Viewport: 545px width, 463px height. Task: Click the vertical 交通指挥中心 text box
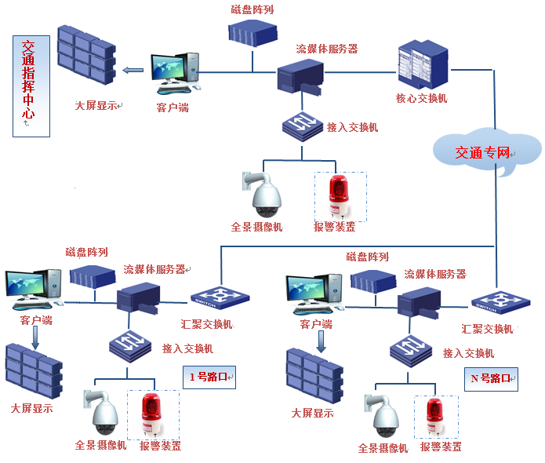(x=31, y=85)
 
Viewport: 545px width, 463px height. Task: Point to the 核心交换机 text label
(x=422, y=99)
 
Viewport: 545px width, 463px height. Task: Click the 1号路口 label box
(x=209, y=377)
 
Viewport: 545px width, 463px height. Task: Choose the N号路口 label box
(x=490, y=378)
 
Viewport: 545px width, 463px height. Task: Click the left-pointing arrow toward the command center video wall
(x=133, y=70)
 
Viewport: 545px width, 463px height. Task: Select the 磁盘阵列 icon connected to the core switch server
(x=253, y=32)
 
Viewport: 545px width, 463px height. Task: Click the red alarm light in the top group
(x=340, y=196)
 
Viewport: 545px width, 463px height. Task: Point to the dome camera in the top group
(x=265, y=195)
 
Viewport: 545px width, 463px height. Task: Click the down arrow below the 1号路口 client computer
(x=35, y=336)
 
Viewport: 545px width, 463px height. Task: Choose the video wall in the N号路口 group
(x=314, y=376)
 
